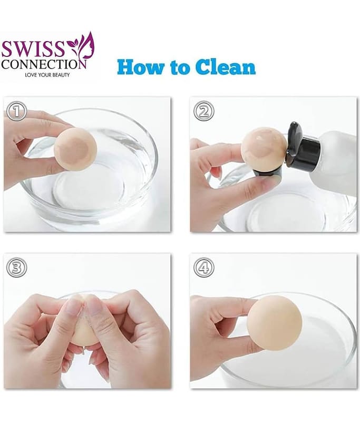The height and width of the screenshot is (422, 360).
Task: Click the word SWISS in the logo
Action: (33, 49)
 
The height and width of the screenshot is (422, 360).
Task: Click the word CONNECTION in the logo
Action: (44, 64)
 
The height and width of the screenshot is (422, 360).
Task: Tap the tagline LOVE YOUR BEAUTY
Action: (47, 75)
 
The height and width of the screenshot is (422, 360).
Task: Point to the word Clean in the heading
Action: (225, 67)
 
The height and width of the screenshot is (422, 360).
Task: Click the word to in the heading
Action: (180, 68)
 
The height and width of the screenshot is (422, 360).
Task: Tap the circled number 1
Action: (17, 111)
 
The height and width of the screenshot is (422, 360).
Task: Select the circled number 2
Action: (204, 111)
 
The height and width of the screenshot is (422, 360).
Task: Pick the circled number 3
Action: (17, 267)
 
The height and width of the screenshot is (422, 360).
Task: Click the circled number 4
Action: (204, 267)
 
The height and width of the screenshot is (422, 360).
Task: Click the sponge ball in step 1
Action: (75, 149)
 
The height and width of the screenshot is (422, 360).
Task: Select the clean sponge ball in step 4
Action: (275, 323)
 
